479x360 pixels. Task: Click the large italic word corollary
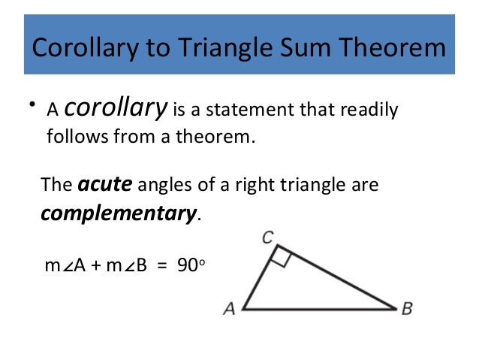tap(116, 110)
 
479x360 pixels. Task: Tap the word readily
tap(370, 111)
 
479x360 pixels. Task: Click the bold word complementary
tap(118, 213)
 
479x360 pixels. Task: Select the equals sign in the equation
tap(160, 265)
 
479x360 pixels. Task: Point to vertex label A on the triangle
tap(229, 309)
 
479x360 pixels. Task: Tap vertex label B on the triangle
tap(407, 309)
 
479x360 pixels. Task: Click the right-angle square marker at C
tap(281, 258)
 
